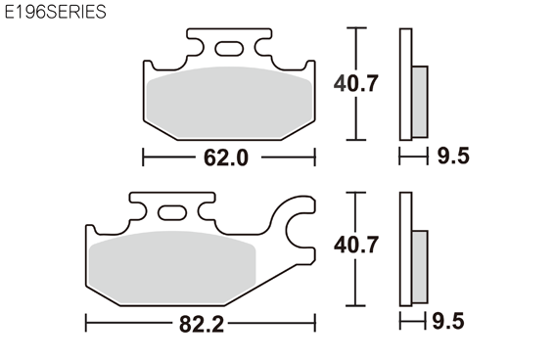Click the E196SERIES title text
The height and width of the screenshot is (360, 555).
[x=55, y=12]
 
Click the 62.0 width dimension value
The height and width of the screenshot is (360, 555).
[x=226, y=157]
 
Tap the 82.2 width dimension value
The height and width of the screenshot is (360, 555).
[x=202, y=324]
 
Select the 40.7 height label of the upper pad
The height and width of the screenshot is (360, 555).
[x=355, y=83]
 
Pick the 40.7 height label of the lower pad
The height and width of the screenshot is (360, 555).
[x=355, y=245]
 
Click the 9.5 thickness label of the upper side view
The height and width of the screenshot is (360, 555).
[x=453, y=156]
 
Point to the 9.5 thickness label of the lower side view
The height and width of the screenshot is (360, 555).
[x=448, y=322]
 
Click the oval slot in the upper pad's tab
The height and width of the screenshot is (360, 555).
[x=229, y=49]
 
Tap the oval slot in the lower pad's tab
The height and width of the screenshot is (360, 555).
[x=172, y=213]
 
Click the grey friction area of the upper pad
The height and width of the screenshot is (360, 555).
[x=229, y=103]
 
